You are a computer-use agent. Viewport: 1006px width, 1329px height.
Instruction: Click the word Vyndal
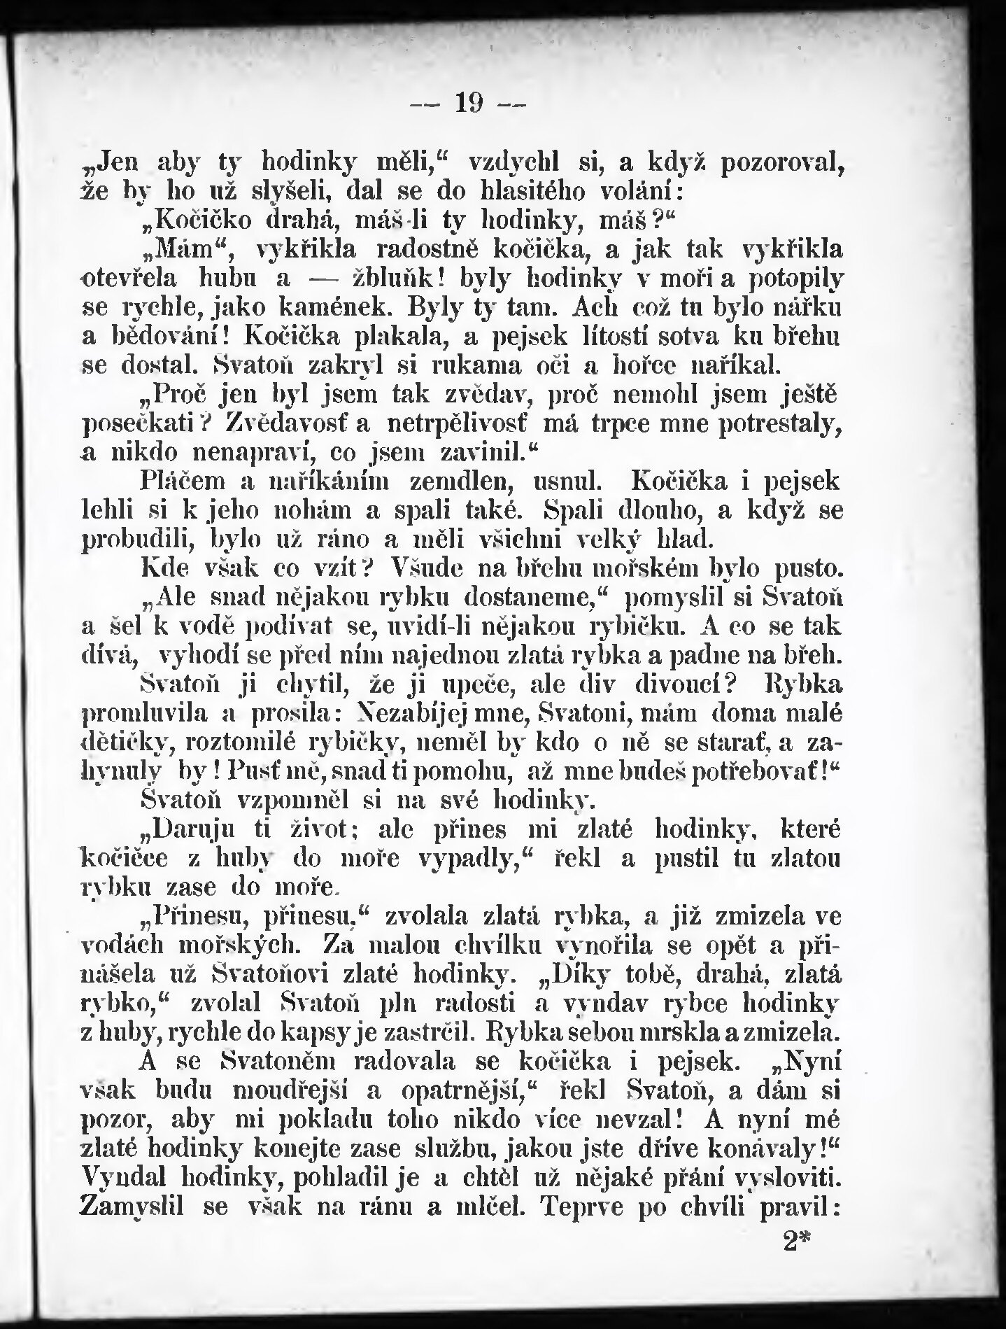[x=124, y=1180]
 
